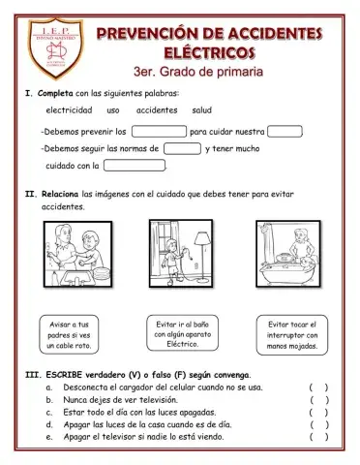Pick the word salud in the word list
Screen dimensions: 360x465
pyautogui.click(x=202, y=110)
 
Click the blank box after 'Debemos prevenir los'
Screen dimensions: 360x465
pyautogui.click(x=158, y=131)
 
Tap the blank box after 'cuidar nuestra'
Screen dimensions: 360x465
pyautogui.click(x=285, y=131)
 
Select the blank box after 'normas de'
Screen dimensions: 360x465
pyautogui.click(x=182, y=148)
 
